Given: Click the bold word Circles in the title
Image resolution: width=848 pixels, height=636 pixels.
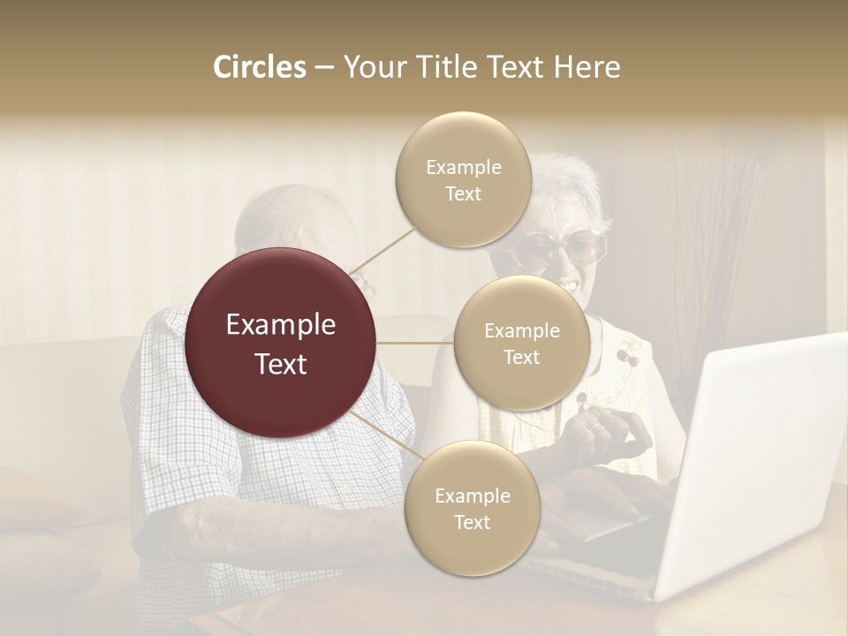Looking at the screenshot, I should (259, 67).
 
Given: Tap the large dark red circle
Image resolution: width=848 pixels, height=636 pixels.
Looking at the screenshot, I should (281, 343).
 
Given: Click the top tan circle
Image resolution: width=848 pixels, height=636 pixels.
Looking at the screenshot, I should (463, 179).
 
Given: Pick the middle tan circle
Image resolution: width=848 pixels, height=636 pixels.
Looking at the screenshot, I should (521, 343).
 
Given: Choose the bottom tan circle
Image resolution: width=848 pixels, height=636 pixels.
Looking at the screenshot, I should (472, 508).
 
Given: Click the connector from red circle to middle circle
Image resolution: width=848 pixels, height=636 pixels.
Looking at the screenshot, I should (415, 343).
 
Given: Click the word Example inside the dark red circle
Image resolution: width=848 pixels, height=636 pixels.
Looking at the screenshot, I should (281, 325).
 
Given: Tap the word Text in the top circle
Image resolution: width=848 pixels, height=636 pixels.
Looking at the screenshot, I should (463, 193).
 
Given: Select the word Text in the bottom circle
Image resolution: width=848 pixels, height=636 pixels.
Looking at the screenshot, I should (472, 522).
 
